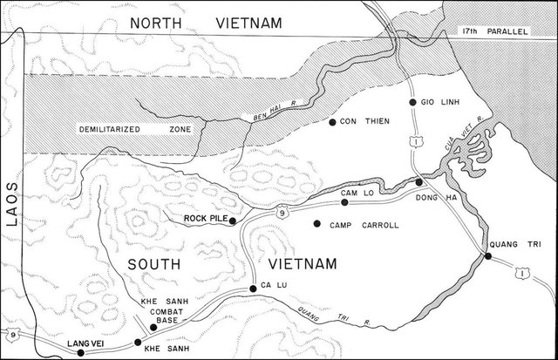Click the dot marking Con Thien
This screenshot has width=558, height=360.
point(332,121)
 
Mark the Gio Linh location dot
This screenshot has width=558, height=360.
point(412,103)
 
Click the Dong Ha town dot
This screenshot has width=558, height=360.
point(419,182)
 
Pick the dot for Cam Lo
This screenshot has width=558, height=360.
point(344,202)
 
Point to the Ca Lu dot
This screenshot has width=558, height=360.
point(254,288)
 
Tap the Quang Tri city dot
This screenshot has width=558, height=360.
point(488,256)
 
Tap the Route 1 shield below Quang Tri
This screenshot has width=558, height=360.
point(521,276)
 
